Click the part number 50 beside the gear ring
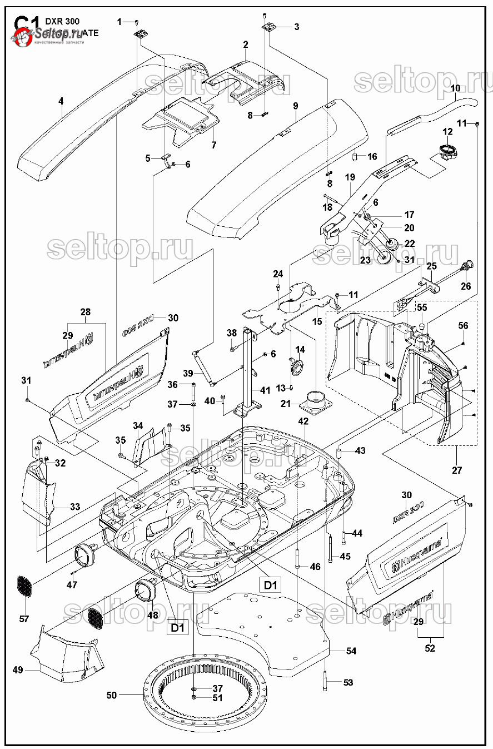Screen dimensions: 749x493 [111, 695]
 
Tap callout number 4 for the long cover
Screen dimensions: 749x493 [61, 101]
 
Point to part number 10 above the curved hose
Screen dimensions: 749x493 [455, 88]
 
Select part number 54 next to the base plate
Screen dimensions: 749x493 [351, 651]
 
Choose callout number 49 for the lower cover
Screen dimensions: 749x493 [18, 670]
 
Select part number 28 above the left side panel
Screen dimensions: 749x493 [86, 312]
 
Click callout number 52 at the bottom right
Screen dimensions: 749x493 [430, 648]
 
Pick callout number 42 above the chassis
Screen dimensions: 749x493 [303, 421]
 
